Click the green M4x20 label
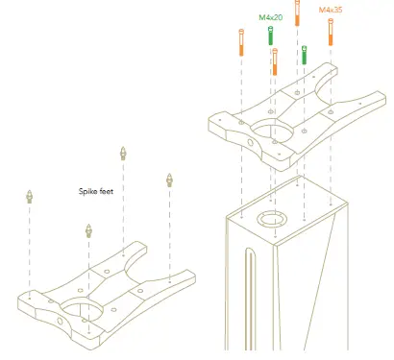coord(272,16)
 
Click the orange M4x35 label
coord(330,10)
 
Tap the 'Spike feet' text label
coord(96,191)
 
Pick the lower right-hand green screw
coord(305,55)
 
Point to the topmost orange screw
coord(297,17)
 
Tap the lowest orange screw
coord(275,62)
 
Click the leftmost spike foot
coord(30,197)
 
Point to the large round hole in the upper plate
coord(274,132)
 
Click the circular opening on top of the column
coord(270,218)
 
